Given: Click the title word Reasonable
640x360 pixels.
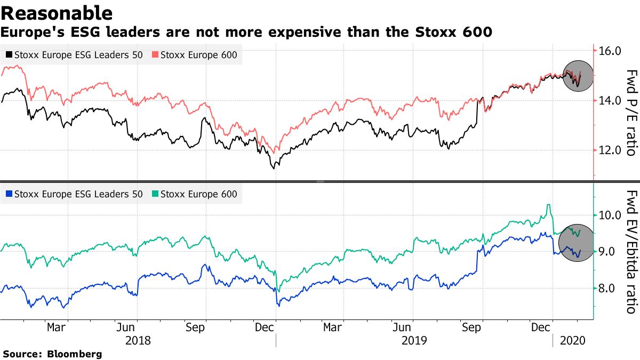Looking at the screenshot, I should click(x=57, y=13).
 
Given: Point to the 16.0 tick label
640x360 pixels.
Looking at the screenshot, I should click(x=610, y=52).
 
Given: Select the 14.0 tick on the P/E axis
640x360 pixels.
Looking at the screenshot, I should click(x=610, y=101).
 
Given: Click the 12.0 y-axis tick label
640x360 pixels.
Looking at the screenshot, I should click(x=610, y=150).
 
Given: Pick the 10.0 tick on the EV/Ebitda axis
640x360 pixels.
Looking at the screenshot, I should click(x=610, y=215).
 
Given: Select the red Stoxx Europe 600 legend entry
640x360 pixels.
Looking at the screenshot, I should click(x=195, y=54).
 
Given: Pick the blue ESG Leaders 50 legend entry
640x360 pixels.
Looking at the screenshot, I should click(x=74, y=194).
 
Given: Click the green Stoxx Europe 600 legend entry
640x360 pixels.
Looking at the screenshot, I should click(x=195, y=194).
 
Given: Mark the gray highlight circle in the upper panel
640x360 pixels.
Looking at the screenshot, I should click(x=579, y=76).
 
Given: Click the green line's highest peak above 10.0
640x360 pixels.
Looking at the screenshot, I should click(x=548, y=205).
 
